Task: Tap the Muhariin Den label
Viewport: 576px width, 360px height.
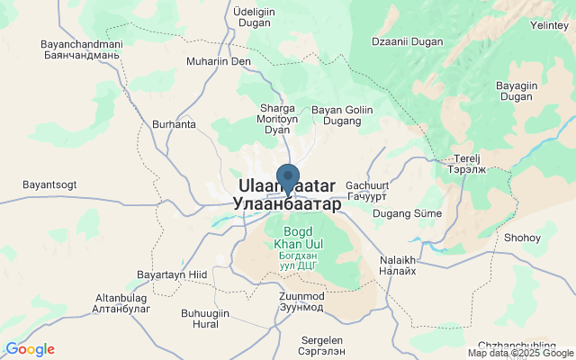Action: click(x=219, y=61)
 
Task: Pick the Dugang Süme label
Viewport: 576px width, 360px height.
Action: click(x=408, y=213)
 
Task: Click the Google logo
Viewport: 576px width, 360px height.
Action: click(x=30, y=349)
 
